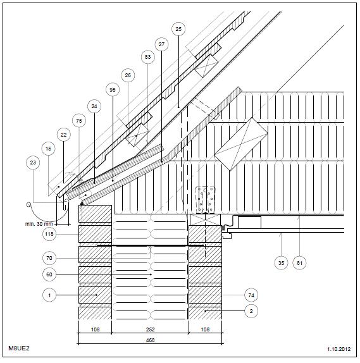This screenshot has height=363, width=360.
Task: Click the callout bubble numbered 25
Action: tap(178, 29)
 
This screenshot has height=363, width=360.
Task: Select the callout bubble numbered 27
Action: tap(161, 44)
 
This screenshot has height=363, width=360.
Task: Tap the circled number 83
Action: tap(147, 57)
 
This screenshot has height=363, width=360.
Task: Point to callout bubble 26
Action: tap(128, 75)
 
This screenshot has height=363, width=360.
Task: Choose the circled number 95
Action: tap(113, 90)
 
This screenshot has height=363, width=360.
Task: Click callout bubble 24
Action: tap(94, 106)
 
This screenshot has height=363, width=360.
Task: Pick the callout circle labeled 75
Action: tap(78, 121)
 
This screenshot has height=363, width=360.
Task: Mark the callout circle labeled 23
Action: tap(33, 163)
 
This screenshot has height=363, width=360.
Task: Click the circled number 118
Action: tap(49, 234)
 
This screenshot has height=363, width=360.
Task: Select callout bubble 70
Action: tap(49, 258)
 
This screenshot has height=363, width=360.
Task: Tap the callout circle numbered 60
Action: tap(49, 274)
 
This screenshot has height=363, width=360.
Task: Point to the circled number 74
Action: tap(251, 295)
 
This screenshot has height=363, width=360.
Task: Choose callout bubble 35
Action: tap(281, 263)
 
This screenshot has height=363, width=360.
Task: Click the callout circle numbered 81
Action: tap(299, 263)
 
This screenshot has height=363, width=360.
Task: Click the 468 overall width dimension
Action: tap(150, 340)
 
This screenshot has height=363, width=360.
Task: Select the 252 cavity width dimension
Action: tap(150, 329)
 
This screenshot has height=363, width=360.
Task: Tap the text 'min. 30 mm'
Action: tap(39, 224)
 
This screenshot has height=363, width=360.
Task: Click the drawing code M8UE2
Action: tap(19, 348)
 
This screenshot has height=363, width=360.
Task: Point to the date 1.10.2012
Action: tap(339, 349)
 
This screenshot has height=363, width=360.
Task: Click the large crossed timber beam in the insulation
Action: tap(241, 144)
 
